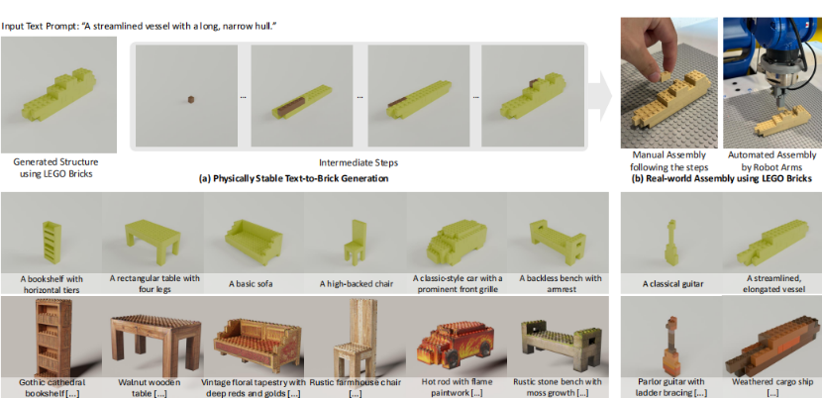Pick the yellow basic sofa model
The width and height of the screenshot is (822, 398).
coord(254,242)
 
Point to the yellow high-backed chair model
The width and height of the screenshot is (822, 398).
coord(355,242)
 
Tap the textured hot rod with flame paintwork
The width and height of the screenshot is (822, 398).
coord(455,346)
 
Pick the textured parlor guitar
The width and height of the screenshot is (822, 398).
coord(672,347)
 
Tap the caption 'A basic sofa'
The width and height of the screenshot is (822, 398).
coord(254,284)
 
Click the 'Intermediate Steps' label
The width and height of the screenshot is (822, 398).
coord(359,163)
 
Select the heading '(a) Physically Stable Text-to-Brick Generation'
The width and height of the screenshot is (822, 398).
coord(294,179)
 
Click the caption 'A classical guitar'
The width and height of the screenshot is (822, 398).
coord(673,284)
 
